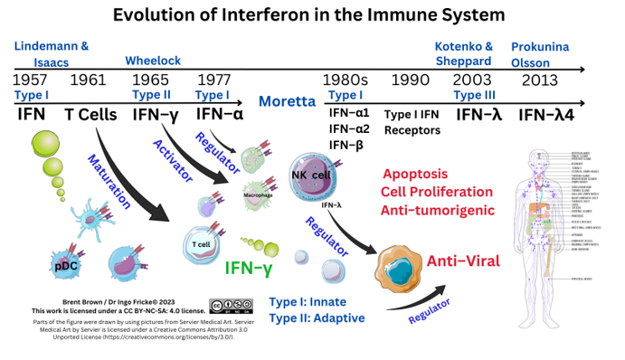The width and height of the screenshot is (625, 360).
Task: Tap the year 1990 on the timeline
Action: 410,81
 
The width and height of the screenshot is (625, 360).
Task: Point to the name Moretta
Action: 287,100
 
